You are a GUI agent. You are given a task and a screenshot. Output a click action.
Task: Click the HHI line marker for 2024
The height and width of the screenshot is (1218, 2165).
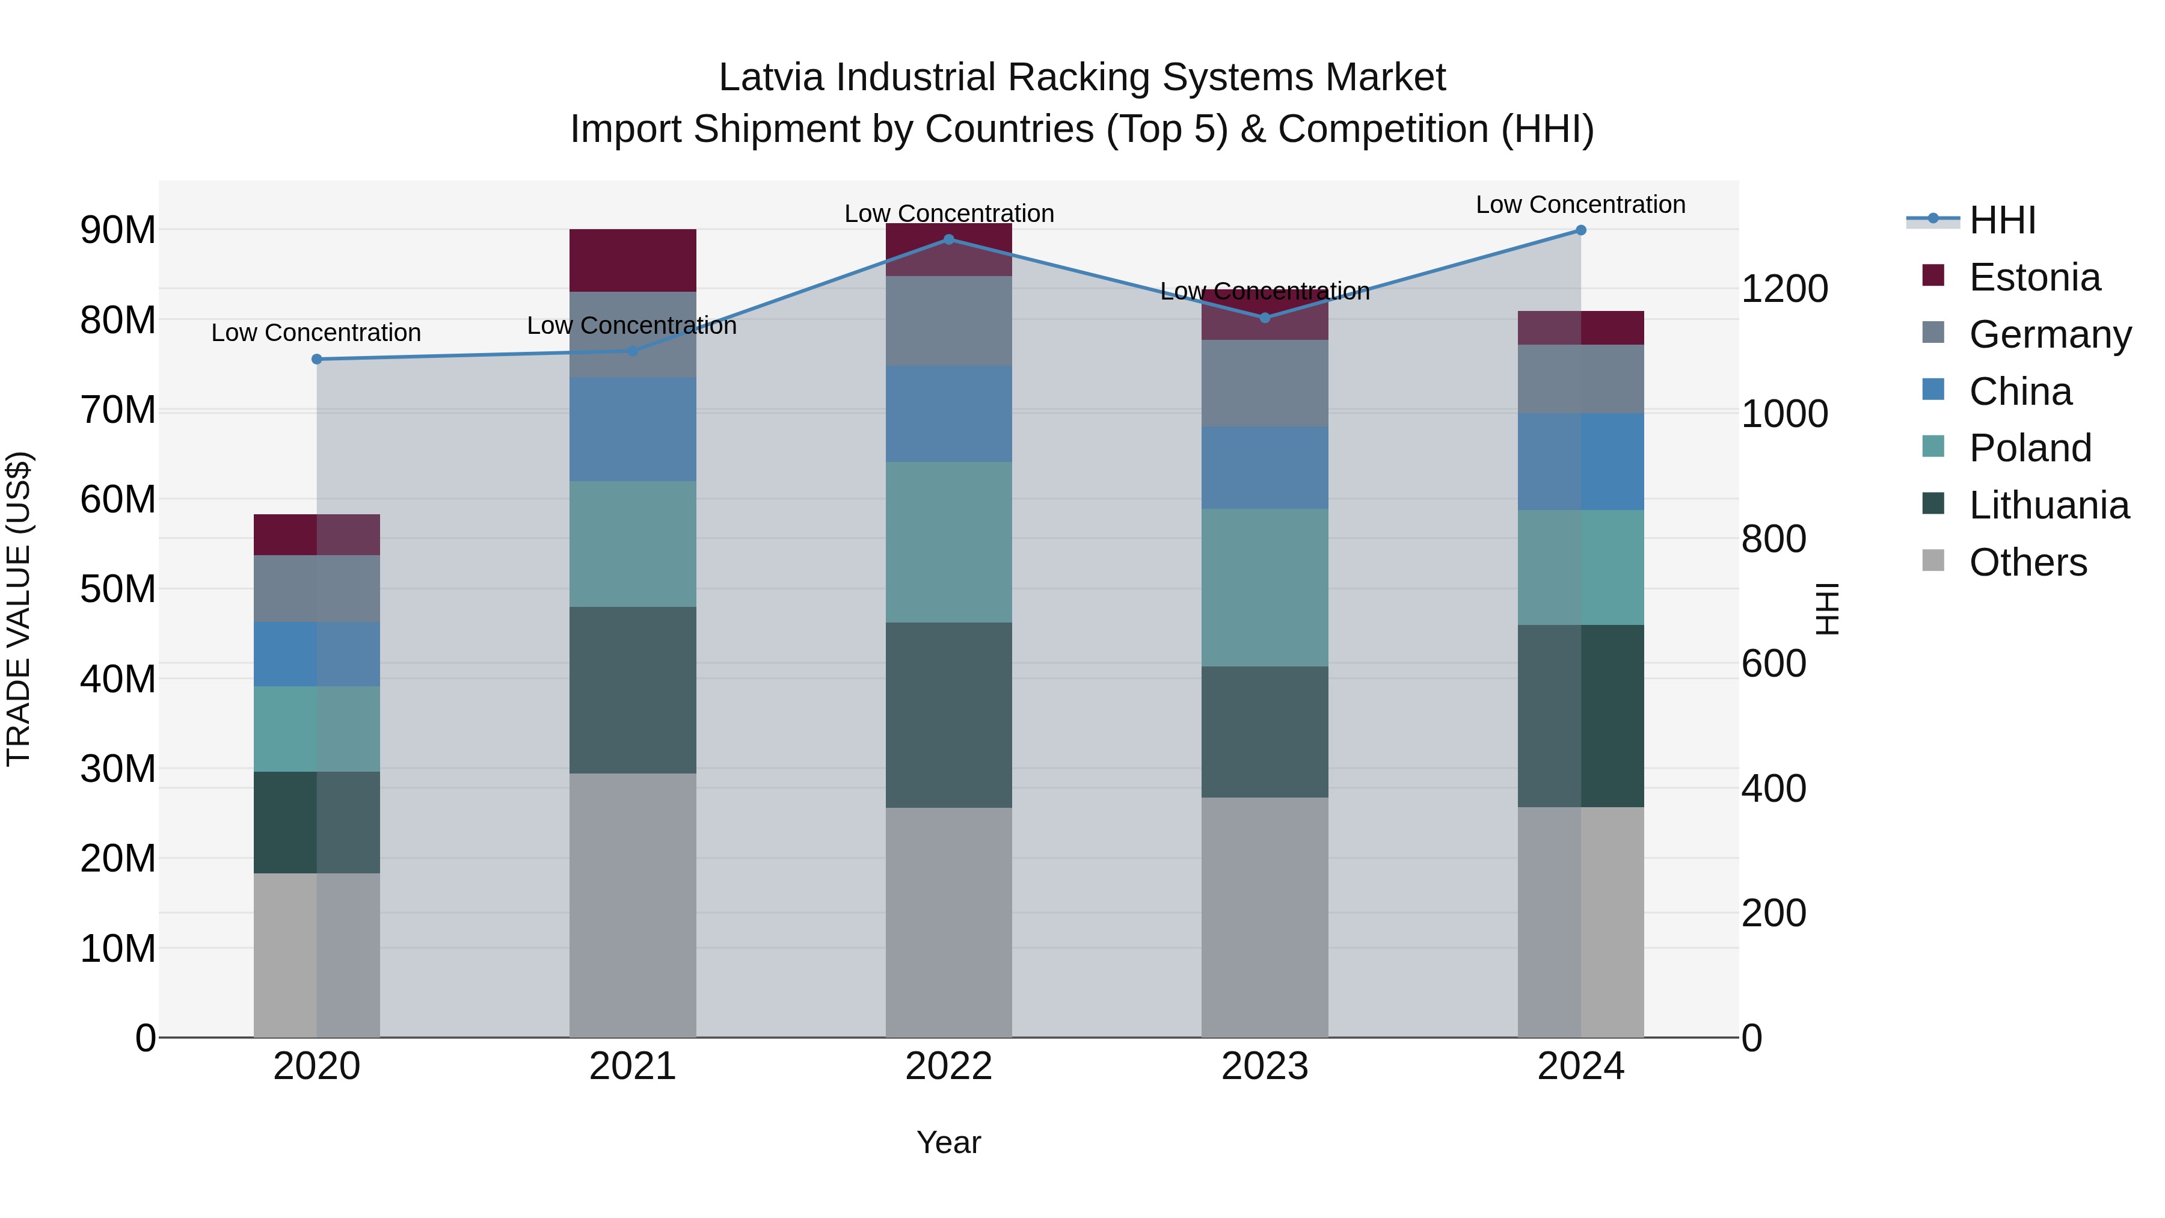tap(1580, 230)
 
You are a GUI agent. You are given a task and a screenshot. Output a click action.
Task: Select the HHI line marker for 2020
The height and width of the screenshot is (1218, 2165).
tap(317, 359)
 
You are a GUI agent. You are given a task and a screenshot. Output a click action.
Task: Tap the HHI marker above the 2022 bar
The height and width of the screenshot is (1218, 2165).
tap(949, 239)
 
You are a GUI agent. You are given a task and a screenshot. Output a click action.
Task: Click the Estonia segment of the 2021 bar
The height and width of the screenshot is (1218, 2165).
tap(633, 260)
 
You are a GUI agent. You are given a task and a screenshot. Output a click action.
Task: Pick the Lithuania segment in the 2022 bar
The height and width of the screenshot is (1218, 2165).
tap(949, 715)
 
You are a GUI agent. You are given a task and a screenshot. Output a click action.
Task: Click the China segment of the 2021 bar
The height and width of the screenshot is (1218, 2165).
tap(633, 429)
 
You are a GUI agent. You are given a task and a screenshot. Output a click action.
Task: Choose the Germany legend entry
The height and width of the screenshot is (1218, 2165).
tap(2049, 334)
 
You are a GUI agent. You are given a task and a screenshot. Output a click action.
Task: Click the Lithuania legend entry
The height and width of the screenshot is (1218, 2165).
tap(2048, 505)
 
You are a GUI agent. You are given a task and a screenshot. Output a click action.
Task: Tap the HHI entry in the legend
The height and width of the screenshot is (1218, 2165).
tap(2002, 220)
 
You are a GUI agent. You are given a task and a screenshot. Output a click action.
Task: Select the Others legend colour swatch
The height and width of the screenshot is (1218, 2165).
tap(1933, 561)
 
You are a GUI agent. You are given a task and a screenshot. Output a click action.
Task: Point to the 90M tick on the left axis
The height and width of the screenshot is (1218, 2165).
tap(118, 230)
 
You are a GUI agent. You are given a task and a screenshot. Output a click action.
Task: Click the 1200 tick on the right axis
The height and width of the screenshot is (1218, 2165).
tap(1784, 289)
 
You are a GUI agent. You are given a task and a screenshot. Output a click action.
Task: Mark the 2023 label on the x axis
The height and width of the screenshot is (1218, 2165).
tap(1265, 1066)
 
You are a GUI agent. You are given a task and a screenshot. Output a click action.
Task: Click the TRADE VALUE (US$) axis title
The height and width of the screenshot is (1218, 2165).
tap(19, 609)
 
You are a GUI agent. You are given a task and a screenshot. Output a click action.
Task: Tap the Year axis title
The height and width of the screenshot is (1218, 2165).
tap(949, 1142)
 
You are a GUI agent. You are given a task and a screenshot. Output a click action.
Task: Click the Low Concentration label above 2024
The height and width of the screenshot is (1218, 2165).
tap(1580, 205)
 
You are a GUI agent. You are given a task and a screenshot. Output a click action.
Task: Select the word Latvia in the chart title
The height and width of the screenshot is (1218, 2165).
tap(771, 78)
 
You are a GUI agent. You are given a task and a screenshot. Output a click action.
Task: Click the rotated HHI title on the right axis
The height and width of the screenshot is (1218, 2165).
tap(1827, 609)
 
